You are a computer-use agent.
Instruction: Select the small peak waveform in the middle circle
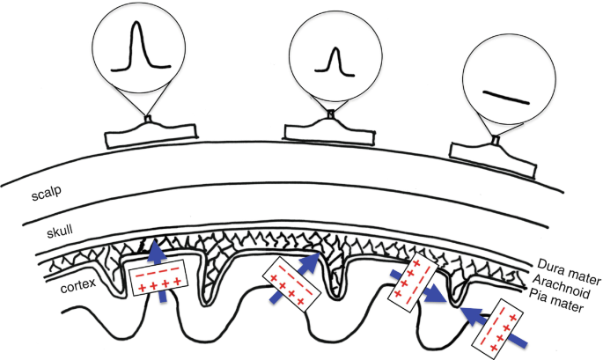(332, 62)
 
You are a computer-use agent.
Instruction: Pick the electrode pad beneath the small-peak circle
(330, 132)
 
